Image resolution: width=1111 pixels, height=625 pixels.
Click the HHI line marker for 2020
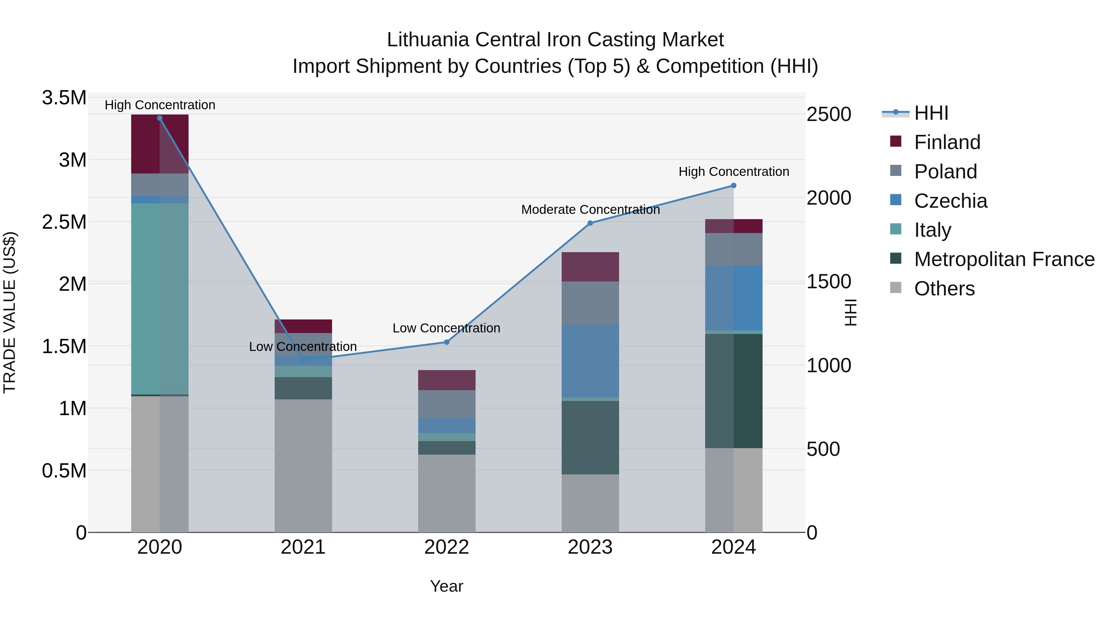click(x=160, y=118)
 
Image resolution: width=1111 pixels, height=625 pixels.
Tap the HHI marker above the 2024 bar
click(x=734, y=185)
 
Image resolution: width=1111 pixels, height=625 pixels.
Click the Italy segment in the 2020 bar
click(x=160, y=298)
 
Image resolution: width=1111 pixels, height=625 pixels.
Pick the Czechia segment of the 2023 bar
click(x=590, y=361)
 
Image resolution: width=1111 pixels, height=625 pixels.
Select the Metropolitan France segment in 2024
click(x=734, y=390)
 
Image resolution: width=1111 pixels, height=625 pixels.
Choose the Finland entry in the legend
click(x=947, y=142)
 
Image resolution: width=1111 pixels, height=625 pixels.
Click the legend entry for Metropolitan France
click(x=1004, y=259)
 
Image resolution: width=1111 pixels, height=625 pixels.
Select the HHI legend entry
click(x=931, y=113)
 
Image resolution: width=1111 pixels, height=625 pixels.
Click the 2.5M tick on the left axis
click(x=64, y=222)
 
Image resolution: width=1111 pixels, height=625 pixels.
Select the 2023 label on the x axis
click(x=590, y=547)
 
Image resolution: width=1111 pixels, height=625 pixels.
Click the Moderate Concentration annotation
click(x=590, y=210)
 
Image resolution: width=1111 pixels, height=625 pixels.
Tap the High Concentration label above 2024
click(x=734, y=172)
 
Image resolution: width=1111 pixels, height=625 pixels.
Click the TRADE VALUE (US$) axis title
click(x=10, y=312)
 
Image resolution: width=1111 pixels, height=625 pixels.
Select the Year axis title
click(x=446, y=586)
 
